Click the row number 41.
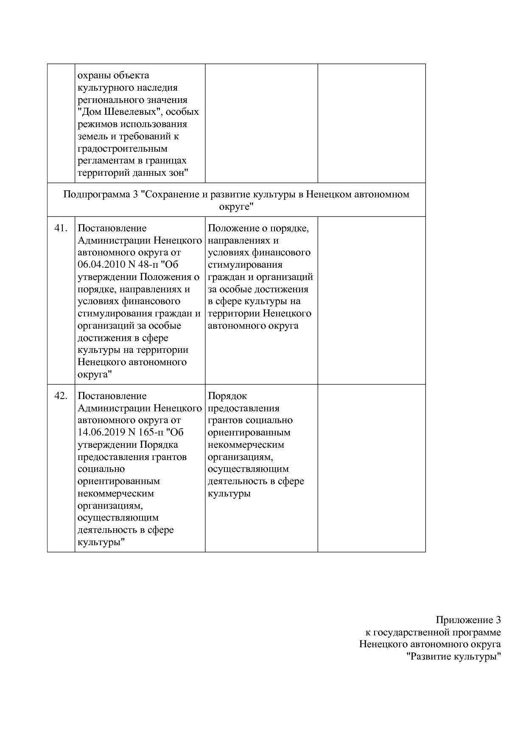tap(61, 228)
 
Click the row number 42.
tap(61, 396)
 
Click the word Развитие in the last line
tap(429, 657)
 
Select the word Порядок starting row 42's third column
tap(227, 396)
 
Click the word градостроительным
tap(123, 149)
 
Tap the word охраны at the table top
tap(93, 75)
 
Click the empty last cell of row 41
tap(372, 300)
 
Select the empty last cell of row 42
tap(372, 468)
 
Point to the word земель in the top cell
tap(91, 136)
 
